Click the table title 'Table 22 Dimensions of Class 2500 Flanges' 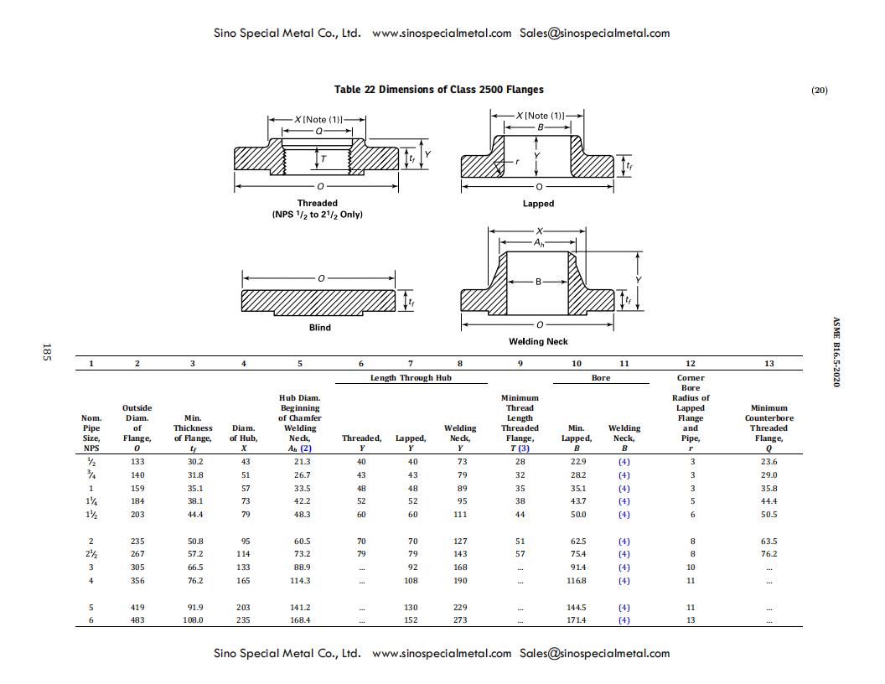438,90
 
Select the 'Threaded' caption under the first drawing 317,203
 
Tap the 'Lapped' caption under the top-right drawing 538,204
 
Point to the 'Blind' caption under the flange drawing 319,328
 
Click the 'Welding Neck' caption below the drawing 538,341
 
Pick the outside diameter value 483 137,620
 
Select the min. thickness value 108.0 193,620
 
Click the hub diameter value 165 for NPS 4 243,581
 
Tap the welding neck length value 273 460,620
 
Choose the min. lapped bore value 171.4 577,620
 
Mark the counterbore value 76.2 769,554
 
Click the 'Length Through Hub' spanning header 411,378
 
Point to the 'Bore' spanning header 601,378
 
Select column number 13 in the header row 769,364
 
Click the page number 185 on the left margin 47,353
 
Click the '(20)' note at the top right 819,91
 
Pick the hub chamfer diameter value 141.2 300,608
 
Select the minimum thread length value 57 520,554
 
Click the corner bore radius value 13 690,620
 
